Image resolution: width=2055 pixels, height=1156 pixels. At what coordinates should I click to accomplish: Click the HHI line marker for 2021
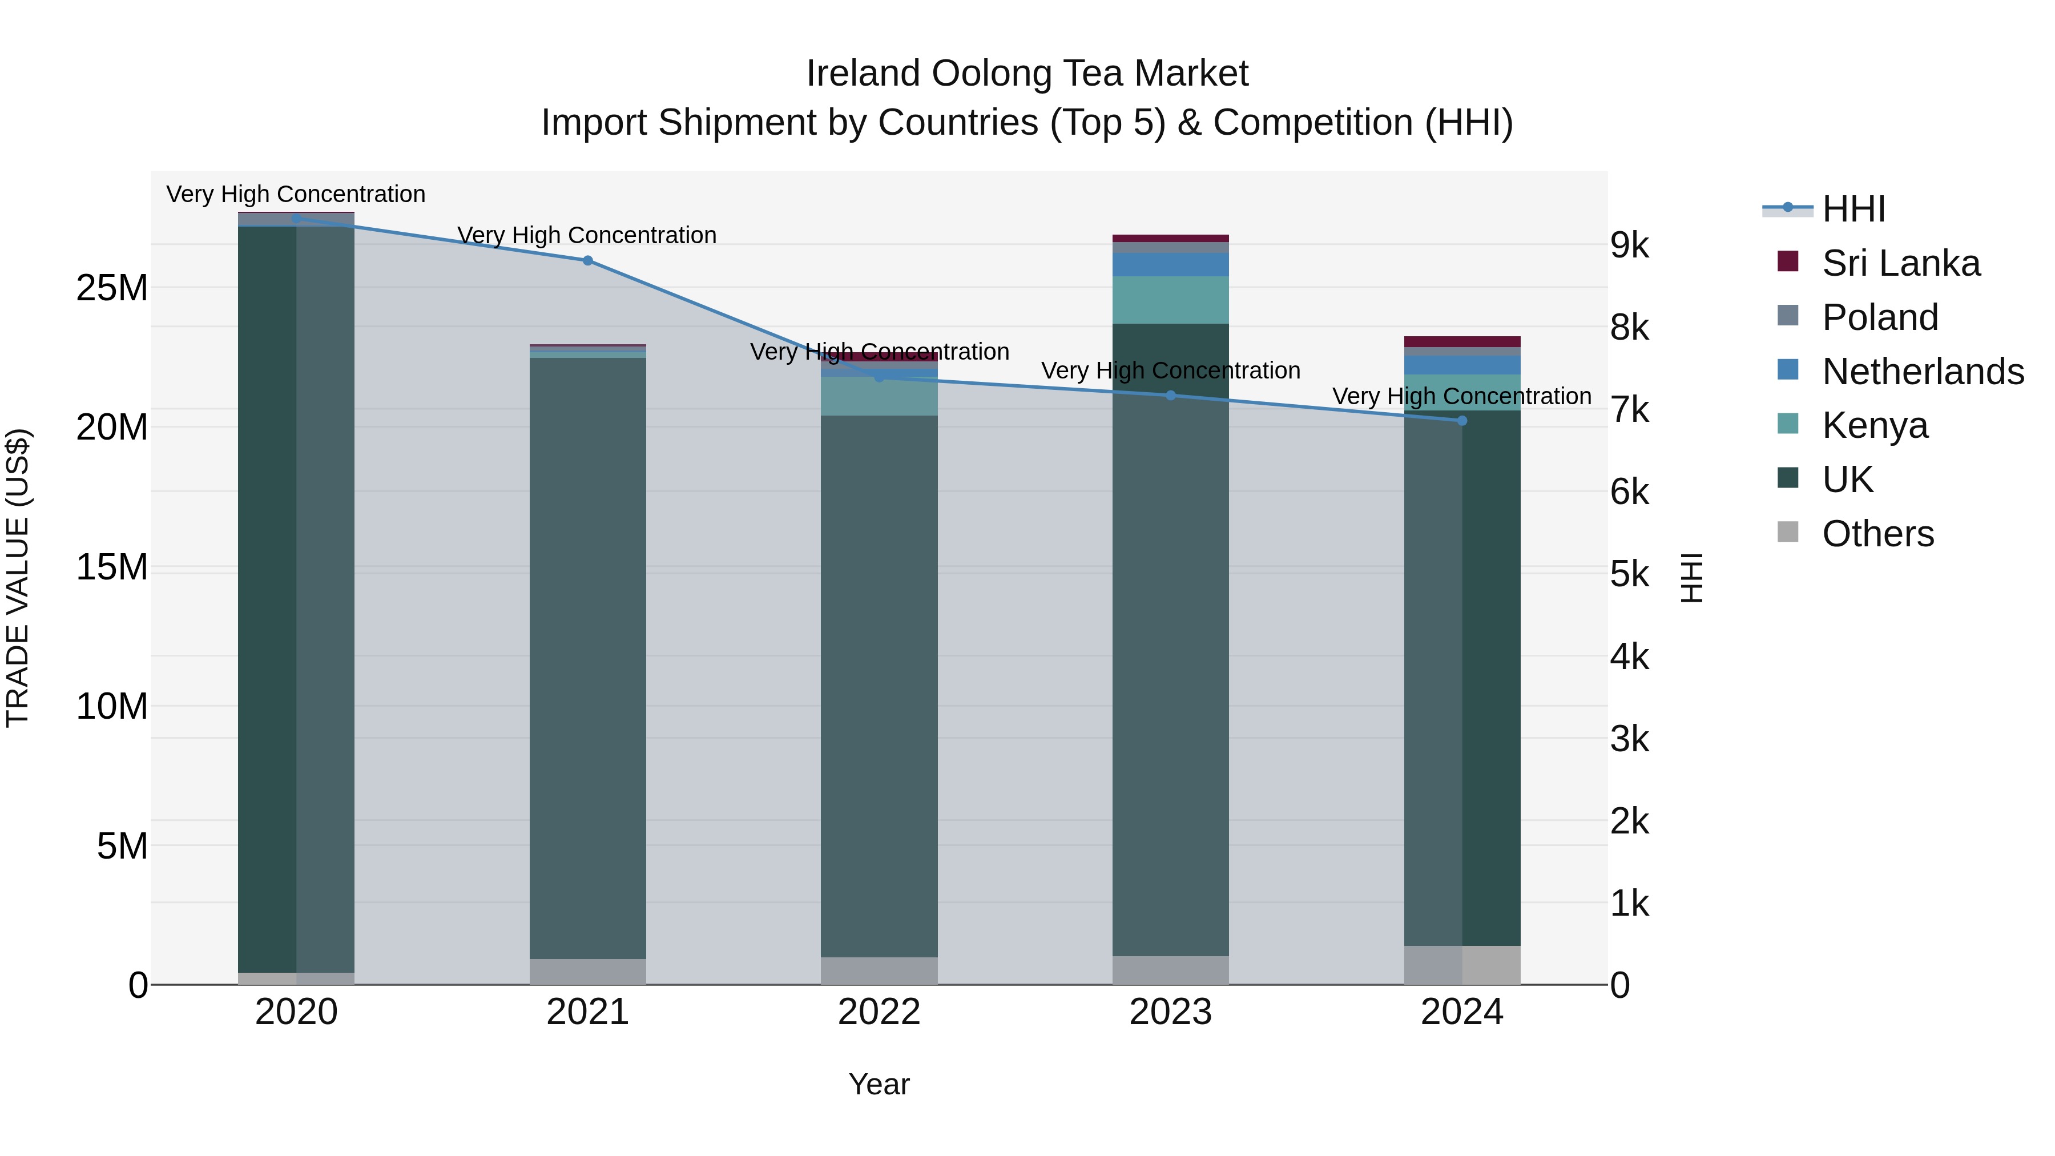[587, 260]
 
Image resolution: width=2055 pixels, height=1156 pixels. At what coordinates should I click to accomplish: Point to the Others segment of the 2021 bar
[587, 971]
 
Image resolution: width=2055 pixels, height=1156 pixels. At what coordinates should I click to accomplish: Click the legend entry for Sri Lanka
[1900, 263]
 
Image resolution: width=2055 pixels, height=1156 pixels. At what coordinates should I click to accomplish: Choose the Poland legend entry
[1880, 317]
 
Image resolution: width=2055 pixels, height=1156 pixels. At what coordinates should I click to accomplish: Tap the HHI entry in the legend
[1852, 209]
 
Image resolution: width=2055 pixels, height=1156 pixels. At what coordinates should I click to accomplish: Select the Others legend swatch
[1788, 532]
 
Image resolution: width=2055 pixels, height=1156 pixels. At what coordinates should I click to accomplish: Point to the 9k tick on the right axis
[1629, 245]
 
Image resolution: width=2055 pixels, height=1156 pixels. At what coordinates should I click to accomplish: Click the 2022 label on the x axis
[879, 1012]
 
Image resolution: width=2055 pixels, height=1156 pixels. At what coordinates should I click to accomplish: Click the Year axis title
[879, 1084]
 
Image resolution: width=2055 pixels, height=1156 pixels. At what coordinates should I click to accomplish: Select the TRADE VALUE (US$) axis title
[18, 578]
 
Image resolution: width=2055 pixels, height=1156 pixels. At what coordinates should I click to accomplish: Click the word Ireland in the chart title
[864, 74]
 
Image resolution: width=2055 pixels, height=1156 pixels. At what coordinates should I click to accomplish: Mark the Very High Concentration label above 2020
[295, 194]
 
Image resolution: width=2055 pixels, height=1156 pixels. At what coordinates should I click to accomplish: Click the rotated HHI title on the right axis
[1691, 578]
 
